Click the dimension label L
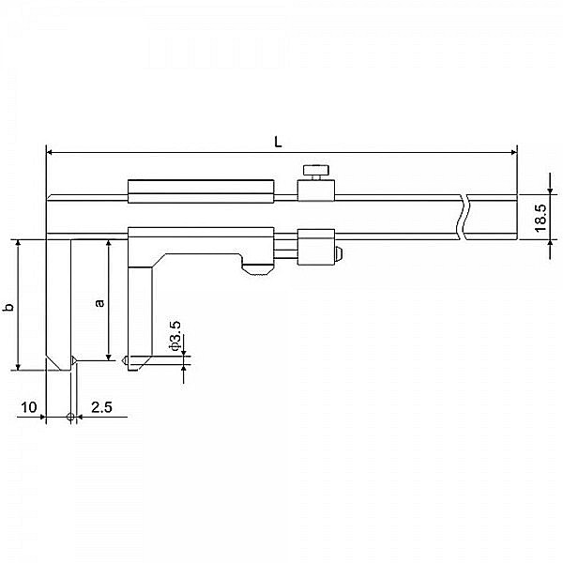(x=279, y=141)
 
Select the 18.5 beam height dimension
(x=539, y=217)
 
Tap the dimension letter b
(x=9, y=307)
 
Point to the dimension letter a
(x=99, y=302)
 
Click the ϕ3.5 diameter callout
(x=175, y=335)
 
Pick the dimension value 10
(x=28, y=407)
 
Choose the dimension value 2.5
(x=102, y=407)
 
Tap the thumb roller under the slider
(x=258, y=270)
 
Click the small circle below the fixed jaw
(x=71, y=416)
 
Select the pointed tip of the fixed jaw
(x=73, y=360)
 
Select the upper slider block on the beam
(x=201, y=190)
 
